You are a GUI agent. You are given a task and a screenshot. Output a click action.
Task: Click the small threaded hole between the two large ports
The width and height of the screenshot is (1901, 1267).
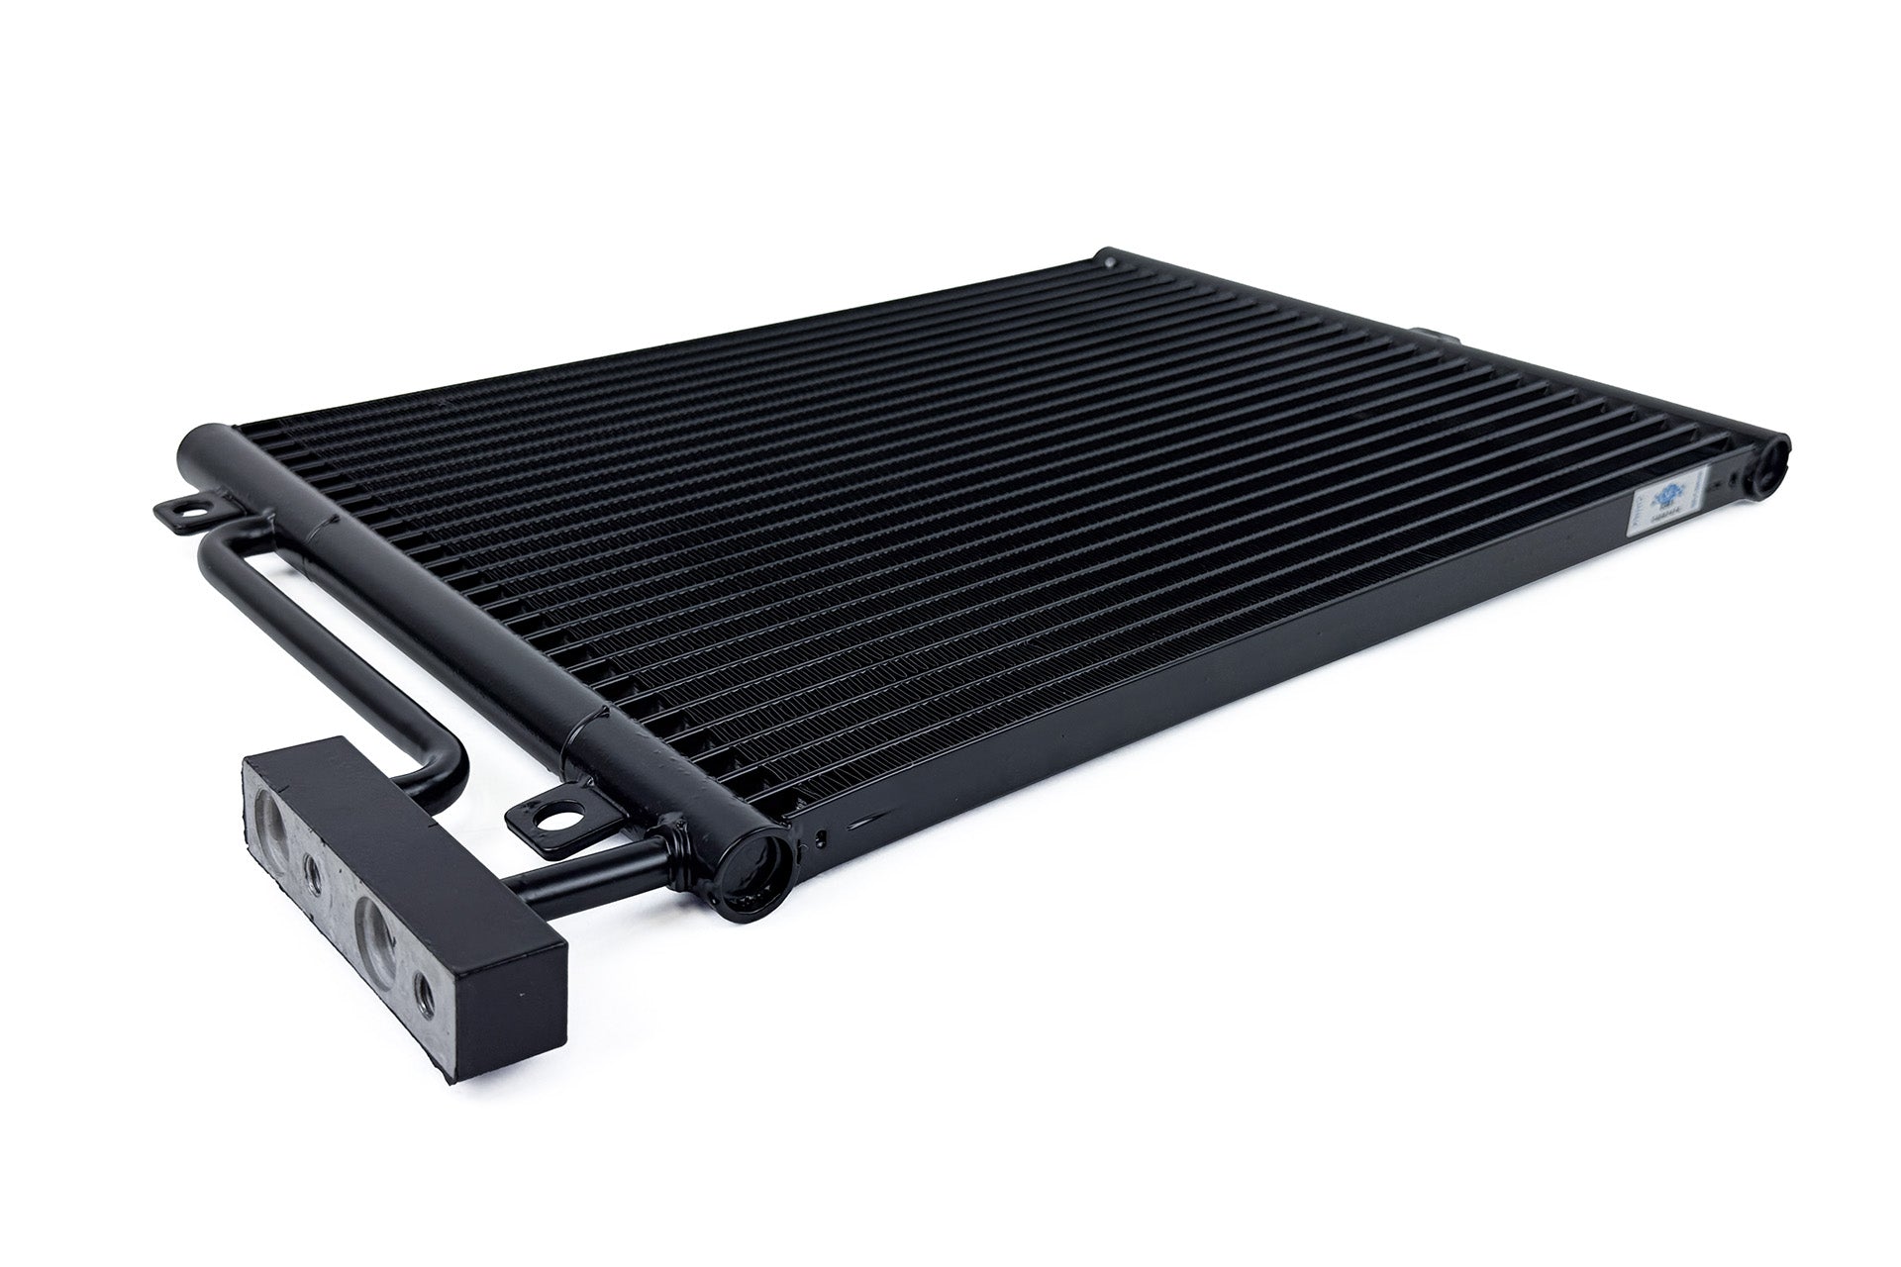pos(314,872)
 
